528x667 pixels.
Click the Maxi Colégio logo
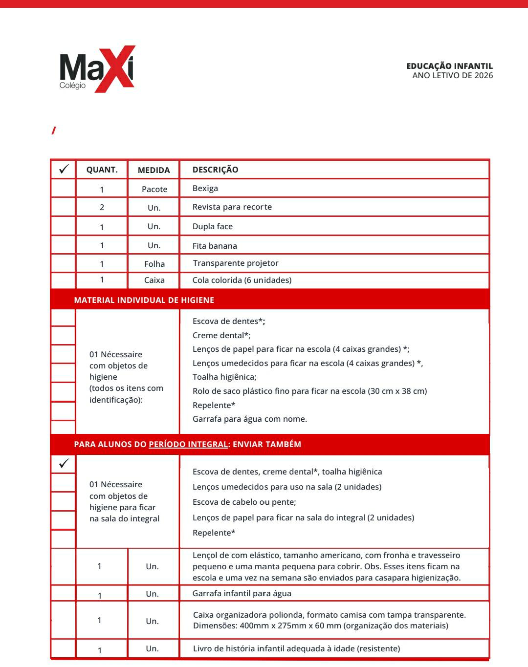pos(97,69)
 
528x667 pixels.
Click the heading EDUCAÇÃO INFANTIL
pos(449,66)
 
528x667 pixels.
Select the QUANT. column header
pos(102,170)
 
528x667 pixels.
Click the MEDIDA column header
pos(154,170)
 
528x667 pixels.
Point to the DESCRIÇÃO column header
pos(215,170)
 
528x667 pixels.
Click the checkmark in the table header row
pos(64,169)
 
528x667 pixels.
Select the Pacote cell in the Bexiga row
pos(154,189)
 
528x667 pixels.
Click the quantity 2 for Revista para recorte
pos(102,207)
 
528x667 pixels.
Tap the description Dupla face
pos(212,226)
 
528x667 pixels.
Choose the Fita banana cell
pos(215,246)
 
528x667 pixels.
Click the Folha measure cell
pos(154,264)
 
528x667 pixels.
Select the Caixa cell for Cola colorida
pos(154,280)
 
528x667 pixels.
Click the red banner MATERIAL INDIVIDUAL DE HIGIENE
pos(144,300)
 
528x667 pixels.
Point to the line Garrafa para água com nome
pos(249,419)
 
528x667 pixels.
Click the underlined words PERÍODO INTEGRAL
pos(188,444)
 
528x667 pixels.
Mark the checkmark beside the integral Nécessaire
pos(64,463)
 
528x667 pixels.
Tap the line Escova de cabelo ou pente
pos(244,502)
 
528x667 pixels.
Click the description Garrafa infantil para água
pos(242,593)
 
